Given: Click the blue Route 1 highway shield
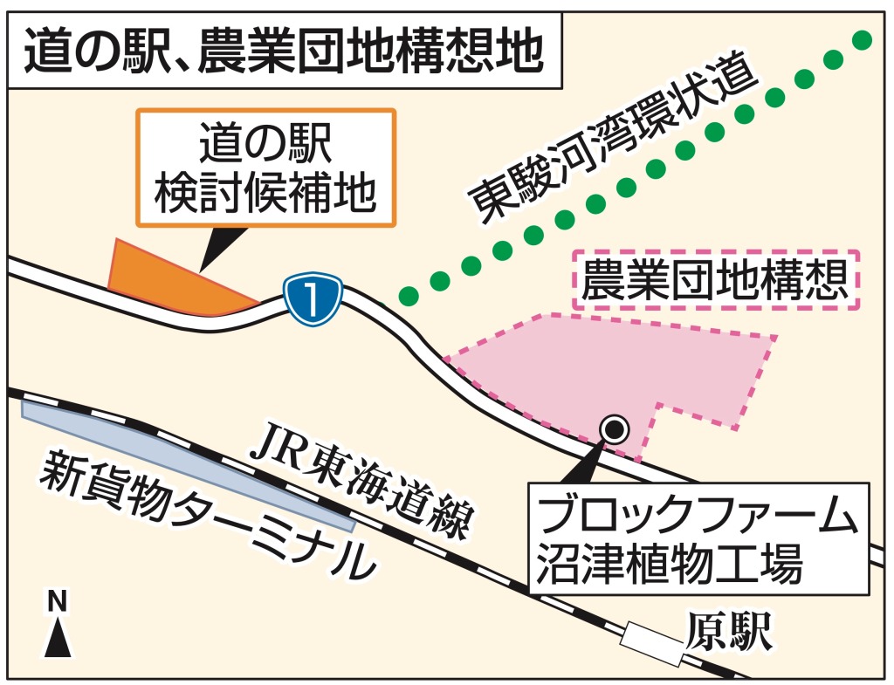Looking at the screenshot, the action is click(x=311, y=300).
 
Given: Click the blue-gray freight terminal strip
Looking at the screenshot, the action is click(x=183, y=462).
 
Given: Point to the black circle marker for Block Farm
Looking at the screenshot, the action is click(x=615, y=428).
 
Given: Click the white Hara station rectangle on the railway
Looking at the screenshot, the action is click(x=650, y=639).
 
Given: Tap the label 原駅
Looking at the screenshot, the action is click(x=729, y=633).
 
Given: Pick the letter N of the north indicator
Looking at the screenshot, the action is click(x=57, y=601).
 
